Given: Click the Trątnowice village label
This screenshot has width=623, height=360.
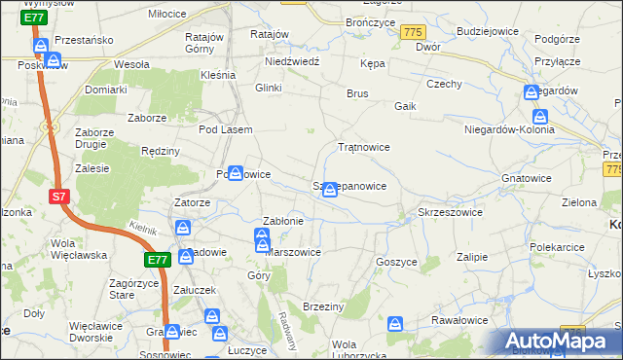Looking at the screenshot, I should [x=363, y=147].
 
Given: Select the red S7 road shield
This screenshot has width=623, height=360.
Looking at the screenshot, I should [x=59, y=197].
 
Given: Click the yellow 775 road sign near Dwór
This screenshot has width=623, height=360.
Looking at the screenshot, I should [x=412, y=33].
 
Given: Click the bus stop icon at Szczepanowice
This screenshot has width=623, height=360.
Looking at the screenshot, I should [x=331, y=189].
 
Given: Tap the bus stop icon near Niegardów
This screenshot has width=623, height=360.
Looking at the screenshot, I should [x=531, y=92].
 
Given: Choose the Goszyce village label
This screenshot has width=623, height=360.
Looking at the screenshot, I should [x=396, y=262].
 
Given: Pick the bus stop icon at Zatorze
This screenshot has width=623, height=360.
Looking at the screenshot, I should [x=183, y=228].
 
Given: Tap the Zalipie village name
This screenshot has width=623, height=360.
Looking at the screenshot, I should [x=471, y=257].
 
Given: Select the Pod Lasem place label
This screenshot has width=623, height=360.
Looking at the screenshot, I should [x=225, y=129].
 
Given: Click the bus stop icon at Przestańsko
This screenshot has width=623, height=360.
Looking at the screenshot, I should [x=41, y=47].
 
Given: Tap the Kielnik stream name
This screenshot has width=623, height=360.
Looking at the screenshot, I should [x=143, y=227].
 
